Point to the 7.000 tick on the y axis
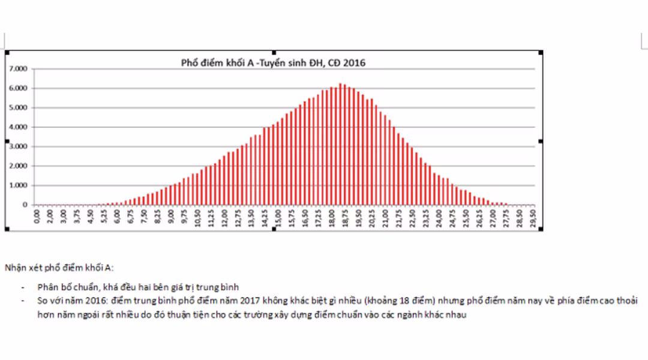tap(19, 69)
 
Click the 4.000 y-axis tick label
tap(19, 127)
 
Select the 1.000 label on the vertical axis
tap(19, 185)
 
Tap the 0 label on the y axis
tap(25, 205)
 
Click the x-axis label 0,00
tap(37, 216)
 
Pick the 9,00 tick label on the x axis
tap(172, 216)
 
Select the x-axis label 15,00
tap(278, 216)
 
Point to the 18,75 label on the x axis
tap(345, 216)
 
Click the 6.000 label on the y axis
tap(19, 88)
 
